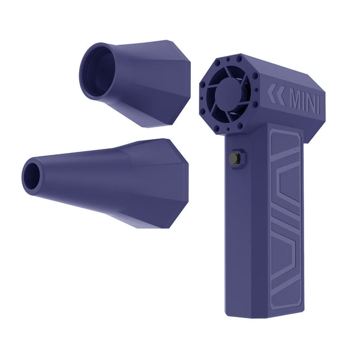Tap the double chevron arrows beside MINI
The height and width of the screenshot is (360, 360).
[277, 95]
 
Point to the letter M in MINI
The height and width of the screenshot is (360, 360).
[295, 100]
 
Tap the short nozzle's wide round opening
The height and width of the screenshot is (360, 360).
[97, 71]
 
